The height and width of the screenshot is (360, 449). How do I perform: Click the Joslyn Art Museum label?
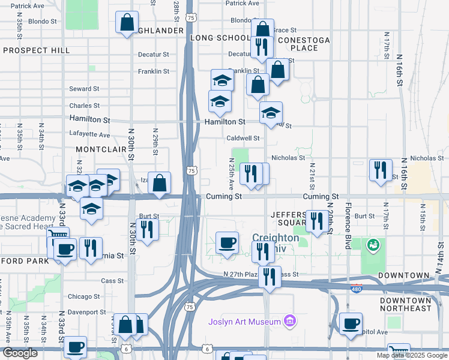[244, 322]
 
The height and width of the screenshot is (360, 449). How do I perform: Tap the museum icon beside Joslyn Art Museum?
[290, 322]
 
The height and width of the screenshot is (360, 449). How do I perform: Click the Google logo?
[20, 353]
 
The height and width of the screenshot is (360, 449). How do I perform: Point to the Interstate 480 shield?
[356, 287]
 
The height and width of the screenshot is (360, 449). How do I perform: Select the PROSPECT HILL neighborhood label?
[37, 50]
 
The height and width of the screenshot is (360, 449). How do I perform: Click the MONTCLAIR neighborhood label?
[100, 148]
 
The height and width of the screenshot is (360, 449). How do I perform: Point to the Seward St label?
[80, 89]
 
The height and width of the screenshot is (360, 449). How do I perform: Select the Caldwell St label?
[243, 138]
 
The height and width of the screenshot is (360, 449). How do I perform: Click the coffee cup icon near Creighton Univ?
[227, 242]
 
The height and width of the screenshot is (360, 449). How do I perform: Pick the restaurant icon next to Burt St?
[146, 229]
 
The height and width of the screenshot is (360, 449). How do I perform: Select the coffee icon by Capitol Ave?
[351, 323]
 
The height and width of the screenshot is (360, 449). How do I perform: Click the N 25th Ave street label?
[231, 171]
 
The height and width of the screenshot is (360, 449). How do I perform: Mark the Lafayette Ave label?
[90, 135]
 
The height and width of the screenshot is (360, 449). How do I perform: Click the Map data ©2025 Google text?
[412, 355]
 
